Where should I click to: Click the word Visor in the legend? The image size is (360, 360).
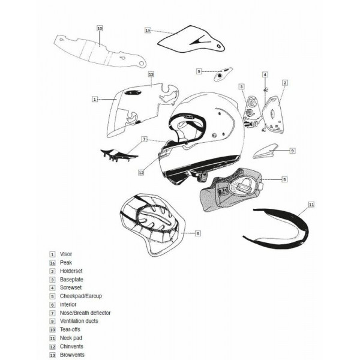click(x=66, y=254)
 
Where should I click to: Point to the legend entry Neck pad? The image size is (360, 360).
click(x=70, y=338)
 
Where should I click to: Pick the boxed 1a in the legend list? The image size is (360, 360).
click(x=53, y=263)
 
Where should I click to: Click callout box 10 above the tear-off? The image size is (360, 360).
click(x=100, y=28)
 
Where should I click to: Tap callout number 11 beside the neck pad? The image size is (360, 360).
click(x=311, y=205)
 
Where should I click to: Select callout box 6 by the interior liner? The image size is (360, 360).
click(x=197, y=233)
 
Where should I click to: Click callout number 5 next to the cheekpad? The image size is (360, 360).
click(x=285, y=179)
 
